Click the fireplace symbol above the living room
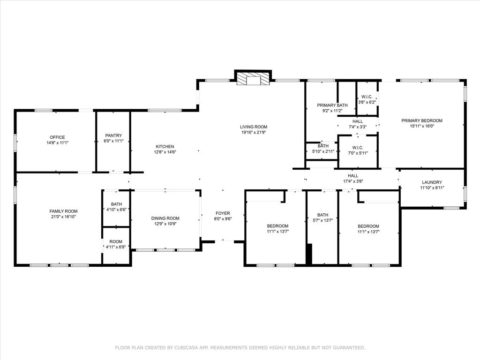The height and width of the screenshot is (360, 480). click(x=253, y=79)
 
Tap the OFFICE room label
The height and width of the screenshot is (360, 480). click(x=57, y=137)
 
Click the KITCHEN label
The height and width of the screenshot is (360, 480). click(x=165, y=146)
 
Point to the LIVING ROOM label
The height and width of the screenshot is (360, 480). click(x=254, y=127)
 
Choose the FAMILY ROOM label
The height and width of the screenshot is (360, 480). click(x=64, y=211)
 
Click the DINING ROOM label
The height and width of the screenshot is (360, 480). click(x=165, y=218)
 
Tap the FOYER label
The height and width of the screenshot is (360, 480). click(x=223, y=213)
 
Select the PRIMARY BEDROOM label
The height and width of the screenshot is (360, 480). click(x=422, y=120)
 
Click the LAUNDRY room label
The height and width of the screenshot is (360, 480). click(x=432, y=182)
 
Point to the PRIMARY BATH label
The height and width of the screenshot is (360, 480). click(x=332, y=105)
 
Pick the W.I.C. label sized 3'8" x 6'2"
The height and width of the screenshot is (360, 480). click(x=367, y=97)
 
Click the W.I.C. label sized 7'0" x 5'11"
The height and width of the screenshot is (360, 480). click(x=358, y=147)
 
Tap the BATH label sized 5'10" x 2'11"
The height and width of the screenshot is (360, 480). click(x=323, y=146)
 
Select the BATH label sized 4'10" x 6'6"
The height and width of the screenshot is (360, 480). click(x=116, y=204)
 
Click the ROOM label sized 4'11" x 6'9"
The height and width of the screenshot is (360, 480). click(x=116, y=241)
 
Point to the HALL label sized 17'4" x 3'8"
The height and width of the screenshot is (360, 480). click(x=353, y=175)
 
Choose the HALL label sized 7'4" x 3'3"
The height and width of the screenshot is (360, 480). click(x=358, y=121)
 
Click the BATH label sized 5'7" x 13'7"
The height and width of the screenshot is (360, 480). click(x=322, y=215)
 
